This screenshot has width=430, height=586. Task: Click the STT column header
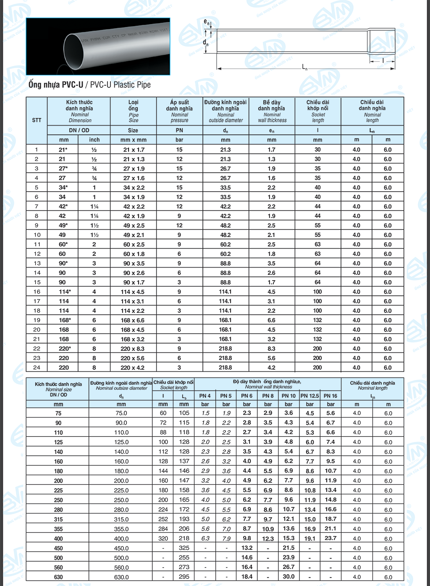point(37,120)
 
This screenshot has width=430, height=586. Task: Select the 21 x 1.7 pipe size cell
point(134,150)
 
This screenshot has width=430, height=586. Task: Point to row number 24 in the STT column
point(37,368)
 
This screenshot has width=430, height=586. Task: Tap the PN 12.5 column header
point(309,396)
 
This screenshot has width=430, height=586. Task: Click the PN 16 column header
point(330,396)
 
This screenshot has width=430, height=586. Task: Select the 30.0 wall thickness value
point(288,577)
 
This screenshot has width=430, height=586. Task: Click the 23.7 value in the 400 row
point(330,538)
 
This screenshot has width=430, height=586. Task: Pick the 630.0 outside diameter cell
point(121,577)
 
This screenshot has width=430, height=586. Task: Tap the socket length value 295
point(184,577)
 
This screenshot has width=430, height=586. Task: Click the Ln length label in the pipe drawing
point(305,67)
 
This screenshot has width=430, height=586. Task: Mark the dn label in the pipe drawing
point(205,42)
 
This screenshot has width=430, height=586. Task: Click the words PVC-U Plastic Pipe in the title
point(121,85)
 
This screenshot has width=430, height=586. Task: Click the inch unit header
point(94,140)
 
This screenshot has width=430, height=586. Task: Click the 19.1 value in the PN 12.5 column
point(309,539)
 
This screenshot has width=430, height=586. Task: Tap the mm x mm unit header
point(133,140)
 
